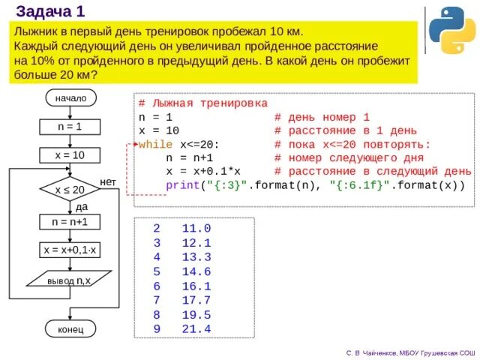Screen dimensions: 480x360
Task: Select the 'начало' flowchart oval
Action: (70, 98)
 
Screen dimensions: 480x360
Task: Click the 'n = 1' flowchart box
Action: (70, 127)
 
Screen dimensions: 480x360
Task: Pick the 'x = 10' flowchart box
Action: (70, 155)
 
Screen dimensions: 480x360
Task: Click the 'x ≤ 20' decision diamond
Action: (70, 190)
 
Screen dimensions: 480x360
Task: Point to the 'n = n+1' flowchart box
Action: (70, 223)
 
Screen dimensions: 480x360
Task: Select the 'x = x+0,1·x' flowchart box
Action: (70, 250)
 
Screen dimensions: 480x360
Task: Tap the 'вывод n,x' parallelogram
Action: (70, 280)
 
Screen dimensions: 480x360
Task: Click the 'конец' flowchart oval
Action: (70, 329)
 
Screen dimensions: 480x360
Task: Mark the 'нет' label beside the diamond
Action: (108, 182)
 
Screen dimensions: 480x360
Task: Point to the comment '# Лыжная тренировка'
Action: (202, 103)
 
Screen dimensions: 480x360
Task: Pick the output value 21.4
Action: (196, 329)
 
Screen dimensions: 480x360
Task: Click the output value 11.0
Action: (196, 228)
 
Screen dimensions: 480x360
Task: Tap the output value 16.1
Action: (196, 286)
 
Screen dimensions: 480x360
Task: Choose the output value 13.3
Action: (196, 257)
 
